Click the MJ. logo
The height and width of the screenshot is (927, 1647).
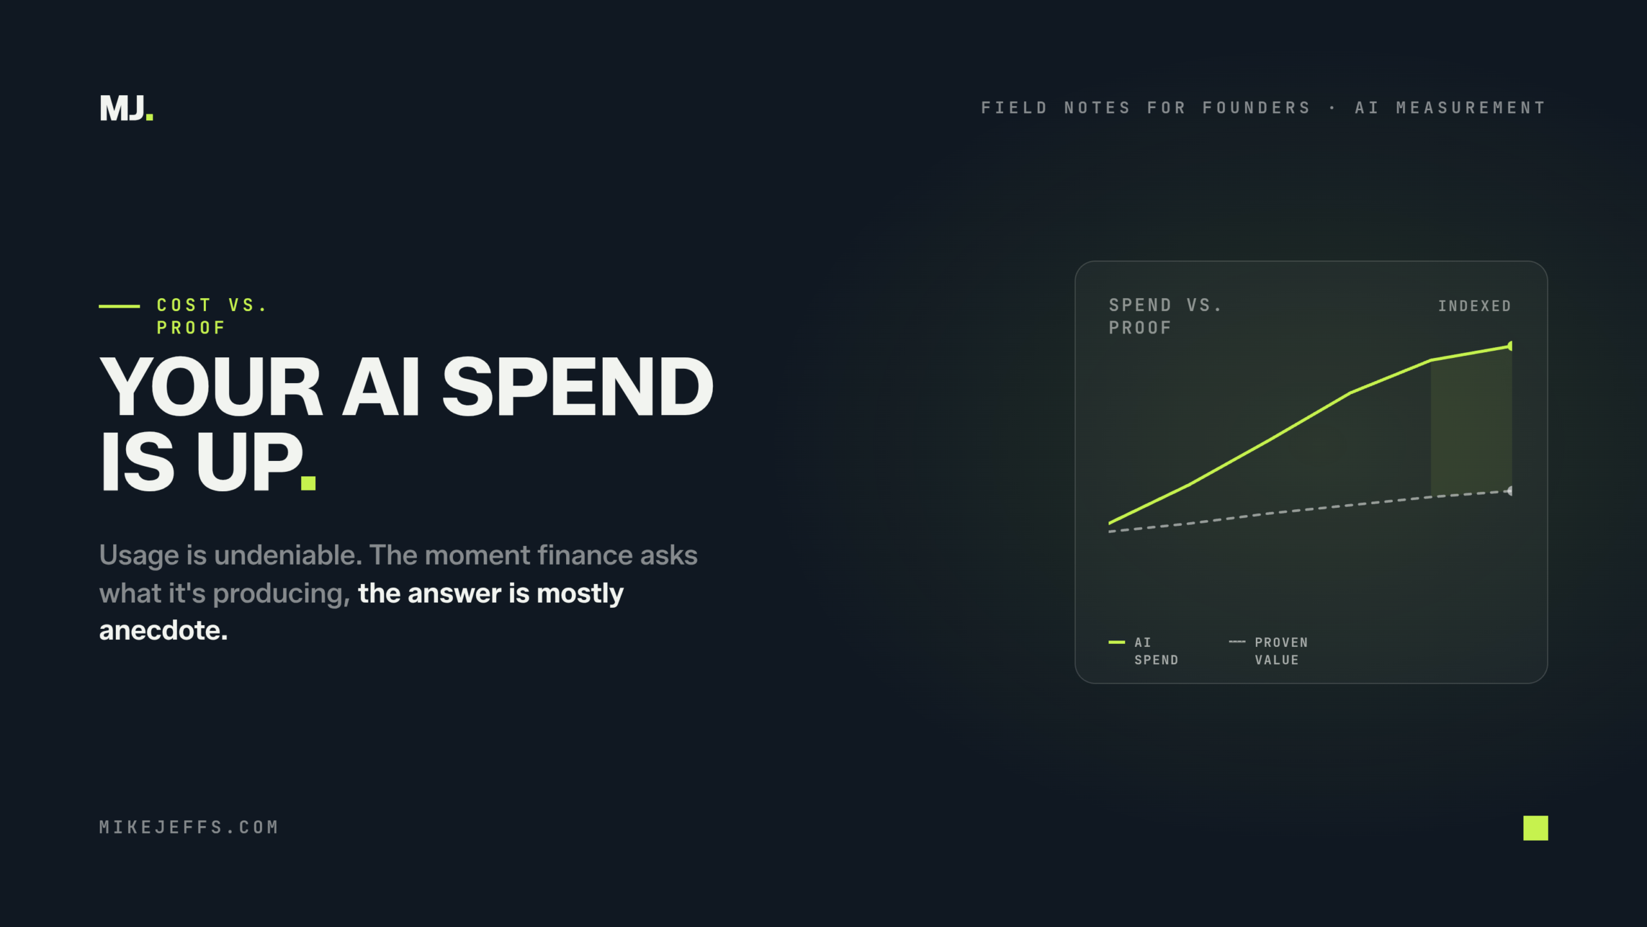tap(127, 108)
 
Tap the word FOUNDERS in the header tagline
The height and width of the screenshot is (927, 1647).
tap(1256, 108)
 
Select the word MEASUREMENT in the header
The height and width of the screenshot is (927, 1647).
tap(1471, 108)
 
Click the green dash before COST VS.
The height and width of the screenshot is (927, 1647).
tap(119, 306)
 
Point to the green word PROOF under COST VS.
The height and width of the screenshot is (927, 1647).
tap(191, 328)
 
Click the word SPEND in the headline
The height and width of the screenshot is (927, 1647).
tap(578, 387)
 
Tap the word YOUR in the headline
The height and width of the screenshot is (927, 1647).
tap(210, 387)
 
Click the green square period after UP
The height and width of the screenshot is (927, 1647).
tap(308, 483)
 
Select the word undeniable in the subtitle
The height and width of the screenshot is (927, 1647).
tap(288, 555)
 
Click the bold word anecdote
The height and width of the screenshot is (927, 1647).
tap(163, 630)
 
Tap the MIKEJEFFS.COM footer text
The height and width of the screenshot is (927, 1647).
tap(189, 827)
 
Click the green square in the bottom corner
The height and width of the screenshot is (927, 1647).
tap(1536, 828)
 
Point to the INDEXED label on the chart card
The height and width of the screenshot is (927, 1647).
tap(1475, 306)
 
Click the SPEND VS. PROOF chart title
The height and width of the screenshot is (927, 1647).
tap(1165, 316)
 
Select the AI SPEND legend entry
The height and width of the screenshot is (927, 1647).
tap(1144, 651)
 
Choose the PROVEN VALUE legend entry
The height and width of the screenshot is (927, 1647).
tap(1269, 651)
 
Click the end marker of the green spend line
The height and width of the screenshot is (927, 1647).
tap(1510, 346)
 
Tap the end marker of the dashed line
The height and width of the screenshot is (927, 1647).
tap(1509, 491)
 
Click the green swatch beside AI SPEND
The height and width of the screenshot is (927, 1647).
tap(1117, 642)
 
